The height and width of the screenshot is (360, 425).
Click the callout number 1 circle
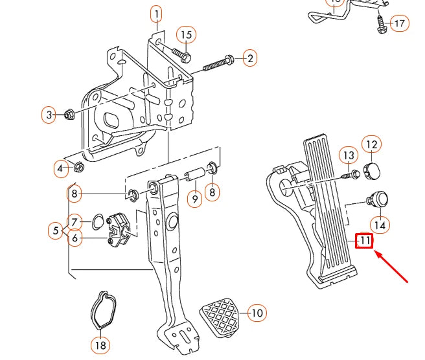tap(156, 13)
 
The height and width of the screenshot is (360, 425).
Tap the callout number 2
tap(249, 58)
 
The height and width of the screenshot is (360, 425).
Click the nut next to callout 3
tap(69, 116)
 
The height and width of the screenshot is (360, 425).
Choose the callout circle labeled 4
tap(60, 169)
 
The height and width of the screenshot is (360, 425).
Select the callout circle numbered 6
tap(75, 239)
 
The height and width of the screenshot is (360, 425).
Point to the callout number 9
tap(194, 199)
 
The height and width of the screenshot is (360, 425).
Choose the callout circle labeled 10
tap(257, 313)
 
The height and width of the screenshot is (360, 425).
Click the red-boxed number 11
tap(365, 241)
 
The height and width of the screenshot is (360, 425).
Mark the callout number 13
tap(349, 155)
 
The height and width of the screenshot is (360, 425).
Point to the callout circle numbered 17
tap(400, 24)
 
